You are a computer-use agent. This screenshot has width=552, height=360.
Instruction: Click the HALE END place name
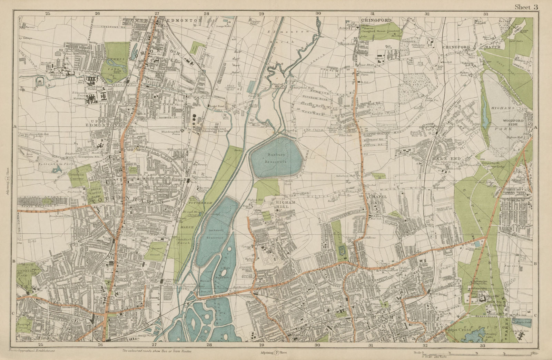pos(441,158)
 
